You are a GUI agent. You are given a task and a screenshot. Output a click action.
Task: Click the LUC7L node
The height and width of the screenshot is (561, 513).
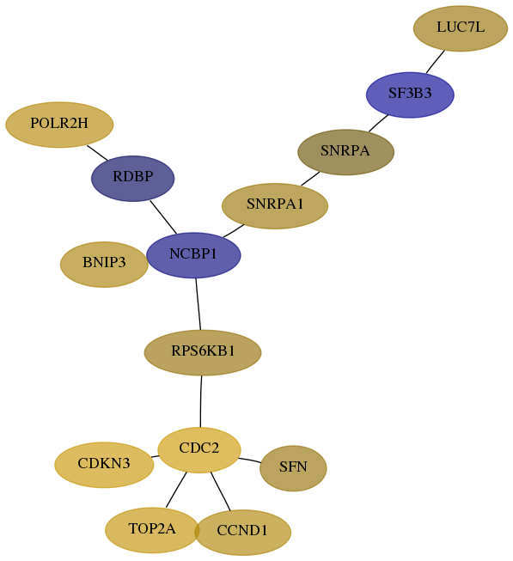pos(460,28)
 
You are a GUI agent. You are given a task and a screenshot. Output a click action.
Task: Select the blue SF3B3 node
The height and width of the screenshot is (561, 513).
pos(410,95)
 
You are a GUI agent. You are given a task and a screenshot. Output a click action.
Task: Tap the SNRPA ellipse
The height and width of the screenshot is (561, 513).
pos(346,152)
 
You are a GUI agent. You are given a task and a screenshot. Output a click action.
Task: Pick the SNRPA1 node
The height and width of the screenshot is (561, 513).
pos(275,205)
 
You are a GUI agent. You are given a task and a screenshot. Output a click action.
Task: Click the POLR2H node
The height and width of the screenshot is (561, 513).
pos(59,125)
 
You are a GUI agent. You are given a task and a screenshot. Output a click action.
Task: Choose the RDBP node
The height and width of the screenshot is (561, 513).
pos(132,178)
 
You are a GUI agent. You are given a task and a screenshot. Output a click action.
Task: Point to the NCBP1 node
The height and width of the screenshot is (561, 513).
pos(193,255)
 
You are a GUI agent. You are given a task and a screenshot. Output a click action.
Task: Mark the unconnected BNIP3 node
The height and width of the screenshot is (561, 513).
pos(104,264)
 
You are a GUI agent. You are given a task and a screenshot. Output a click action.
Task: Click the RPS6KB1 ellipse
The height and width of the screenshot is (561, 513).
pos(203,352)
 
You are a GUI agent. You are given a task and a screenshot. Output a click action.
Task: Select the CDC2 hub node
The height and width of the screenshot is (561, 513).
pos(199,449)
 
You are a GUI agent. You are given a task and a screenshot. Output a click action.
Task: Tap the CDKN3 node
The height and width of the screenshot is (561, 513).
pos(104,465)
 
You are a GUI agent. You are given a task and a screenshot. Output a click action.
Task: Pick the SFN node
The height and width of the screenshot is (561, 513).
pos(293,468)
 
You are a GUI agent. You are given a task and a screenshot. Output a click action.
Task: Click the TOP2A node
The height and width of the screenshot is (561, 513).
pos(152,530)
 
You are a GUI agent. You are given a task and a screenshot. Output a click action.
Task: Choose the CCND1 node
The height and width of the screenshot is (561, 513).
pos(242,533)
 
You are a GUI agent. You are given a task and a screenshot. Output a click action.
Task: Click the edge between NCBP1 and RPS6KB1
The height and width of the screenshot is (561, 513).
pos(198,304)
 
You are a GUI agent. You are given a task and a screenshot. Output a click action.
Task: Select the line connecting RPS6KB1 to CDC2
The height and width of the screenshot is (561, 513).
pos(201,401)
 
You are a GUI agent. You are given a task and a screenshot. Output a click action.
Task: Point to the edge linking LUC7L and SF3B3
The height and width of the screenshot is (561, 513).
pos(436,62)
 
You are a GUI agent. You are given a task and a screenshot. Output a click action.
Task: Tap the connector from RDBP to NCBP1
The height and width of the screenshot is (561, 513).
pos(163,217)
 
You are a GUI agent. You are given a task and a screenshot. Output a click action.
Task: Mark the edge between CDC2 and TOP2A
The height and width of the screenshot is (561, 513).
pos(176,490)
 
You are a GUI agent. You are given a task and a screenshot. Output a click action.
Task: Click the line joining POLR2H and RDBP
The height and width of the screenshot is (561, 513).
pos(97,152)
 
